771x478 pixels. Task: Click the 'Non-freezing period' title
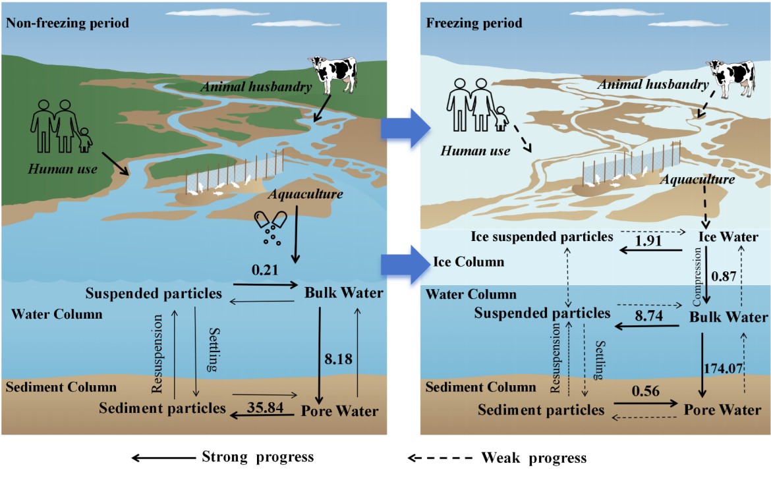(67, 23)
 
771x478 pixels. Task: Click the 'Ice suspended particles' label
(542, 236)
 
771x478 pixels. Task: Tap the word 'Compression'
(698, 277)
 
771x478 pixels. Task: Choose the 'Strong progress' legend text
(257, 457)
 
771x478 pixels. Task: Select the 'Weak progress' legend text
(533, 457)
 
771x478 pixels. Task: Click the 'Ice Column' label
(468, 262)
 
